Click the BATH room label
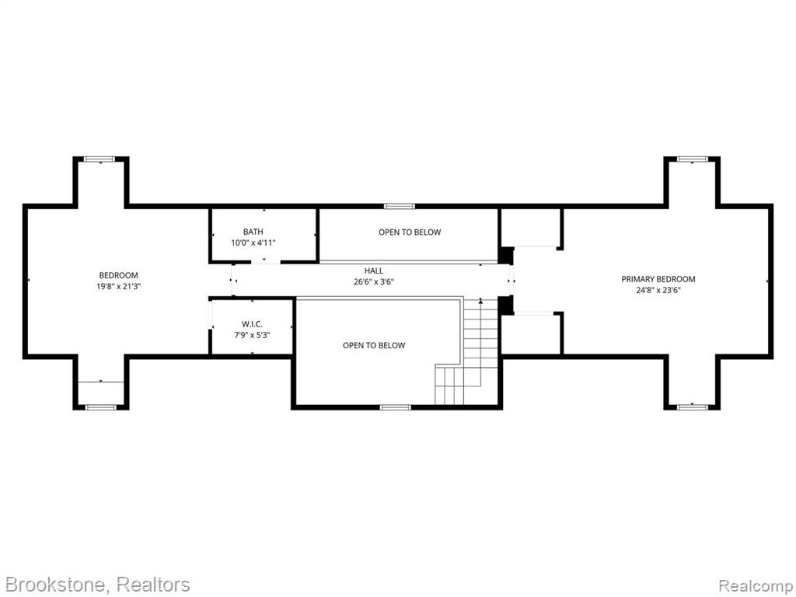[x=253, y=232]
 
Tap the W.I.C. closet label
[x=252, y=324]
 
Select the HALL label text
[x=374, y=271]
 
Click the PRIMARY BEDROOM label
[x=658, y=279]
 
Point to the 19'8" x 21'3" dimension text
[x=118, y=286]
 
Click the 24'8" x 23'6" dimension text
[x=658, y=291]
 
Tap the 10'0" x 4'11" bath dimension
[x=253, y=243]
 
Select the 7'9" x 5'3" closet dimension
[x=252, y=335]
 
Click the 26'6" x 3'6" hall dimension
[x=374, y=282]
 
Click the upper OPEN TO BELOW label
[x=410, y=232]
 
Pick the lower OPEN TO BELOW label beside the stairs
[x=374, y=346]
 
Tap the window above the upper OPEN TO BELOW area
[x=399, y=206]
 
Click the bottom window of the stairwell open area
[x=396, y=407]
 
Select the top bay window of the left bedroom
[x=100, y=159]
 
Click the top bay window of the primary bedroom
[x=693, y=159]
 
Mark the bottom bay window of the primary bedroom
[x=693, y=407]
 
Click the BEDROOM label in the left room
[x=118, y=276]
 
